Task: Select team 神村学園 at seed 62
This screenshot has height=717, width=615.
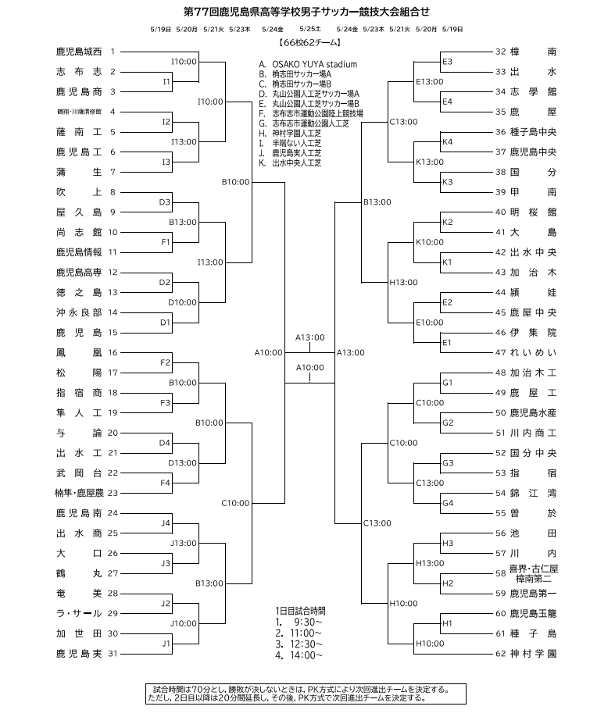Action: [x=532, y=653]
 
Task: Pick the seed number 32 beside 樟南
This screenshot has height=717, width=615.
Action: [x=501, y=52]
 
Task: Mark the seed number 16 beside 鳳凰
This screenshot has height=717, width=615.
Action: [x=113, y=352]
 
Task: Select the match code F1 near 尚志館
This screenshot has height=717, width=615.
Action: [x=165, y=242]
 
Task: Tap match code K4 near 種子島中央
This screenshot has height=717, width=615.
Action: [x=447, y=142]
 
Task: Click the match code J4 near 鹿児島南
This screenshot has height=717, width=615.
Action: [x=165, y=523]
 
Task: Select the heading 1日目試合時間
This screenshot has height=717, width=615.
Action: [x=295, y=610]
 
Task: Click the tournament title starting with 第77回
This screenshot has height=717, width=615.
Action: [x=306, y=12]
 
